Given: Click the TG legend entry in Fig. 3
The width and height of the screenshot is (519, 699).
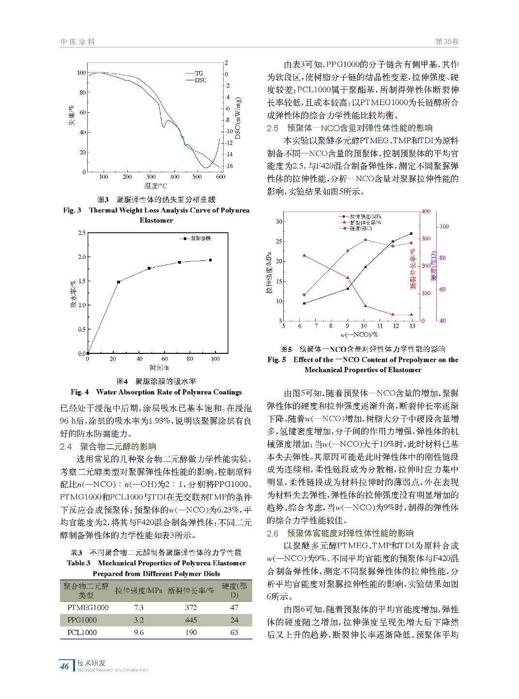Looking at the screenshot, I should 198,74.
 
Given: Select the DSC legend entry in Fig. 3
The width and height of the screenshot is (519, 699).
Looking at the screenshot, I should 200,80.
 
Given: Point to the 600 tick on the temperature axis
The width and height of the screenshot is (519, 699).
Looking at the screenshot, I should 220,177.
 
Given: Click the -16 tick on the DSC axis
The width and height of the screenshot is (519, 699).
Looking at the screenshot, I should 229,166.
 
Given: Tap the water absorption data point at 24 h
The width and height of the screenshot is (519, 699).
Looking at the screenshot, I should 119,282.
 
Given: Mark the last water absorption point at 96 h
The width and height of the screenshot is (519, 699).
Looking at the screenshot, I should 210,260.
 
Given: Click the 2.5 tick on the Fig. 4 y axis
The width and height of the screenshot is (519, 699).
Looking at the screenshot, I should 81,233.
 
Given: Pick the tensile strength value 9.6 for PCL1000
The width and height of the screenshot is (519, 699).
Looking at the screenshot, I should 138,633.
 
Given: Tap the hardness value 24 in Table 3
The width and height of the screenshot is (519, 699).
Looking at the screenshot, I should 234,620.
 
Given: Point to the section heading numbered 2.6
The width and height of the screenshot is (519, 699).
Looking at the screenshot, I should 340,533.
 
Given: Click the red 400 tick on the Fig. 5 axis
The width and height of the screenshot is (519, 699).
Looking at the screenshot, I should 426,212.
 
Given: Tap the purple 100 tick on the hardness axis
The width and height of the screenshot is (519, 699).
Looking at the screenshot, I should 444,227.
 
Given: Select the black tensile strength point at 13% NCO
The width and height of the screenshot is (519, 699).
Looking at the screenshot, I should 411,234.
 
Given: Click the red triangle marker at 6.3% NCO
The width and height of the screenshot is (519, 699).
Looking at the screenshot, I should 304,255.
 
